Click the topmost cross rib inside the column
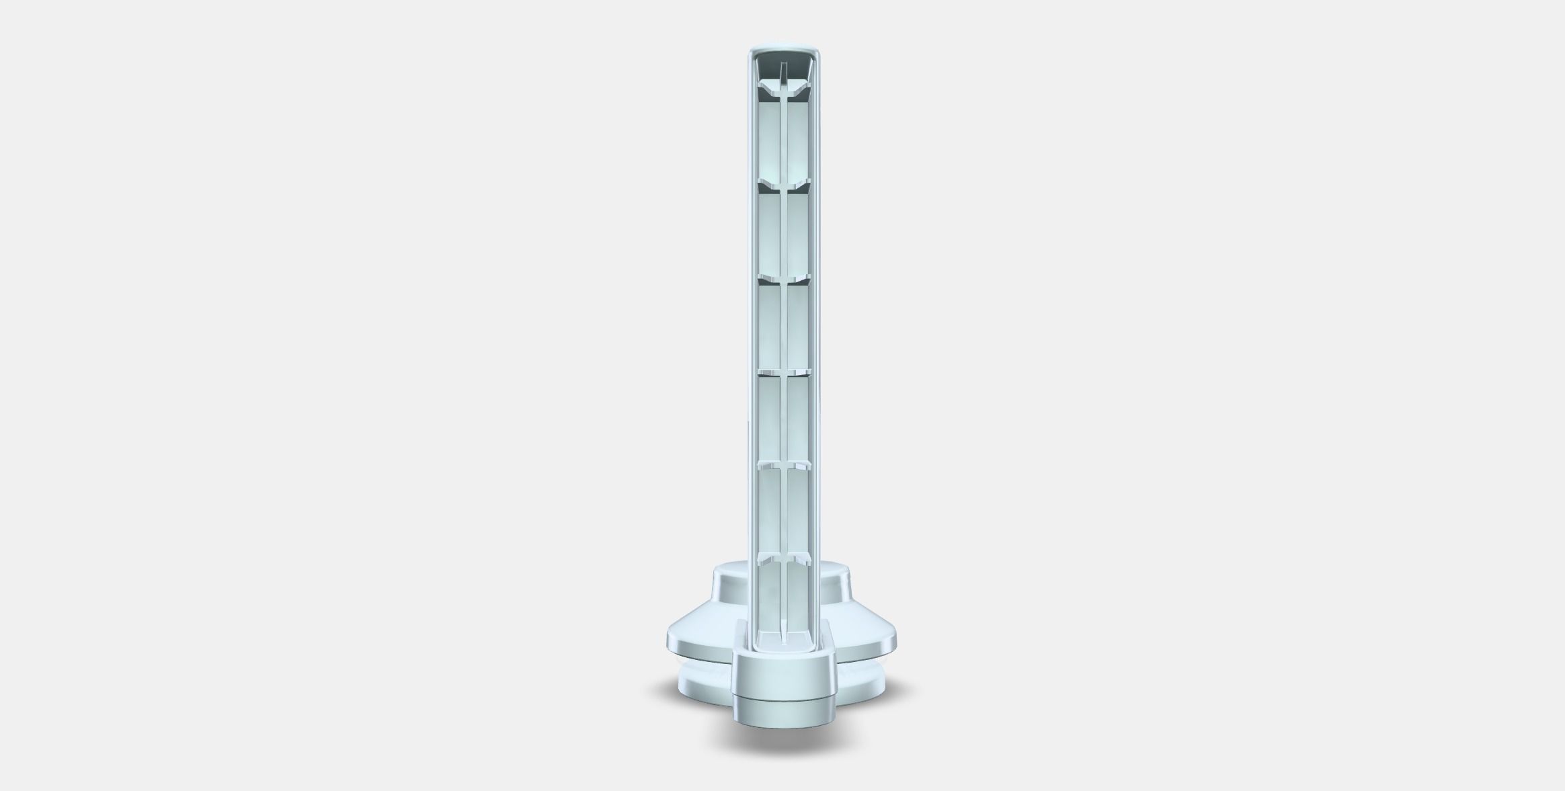click(x=785, y=89)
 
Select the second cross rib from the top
click(x=785, y=185)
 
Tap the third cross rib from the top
click(x=785, y=278)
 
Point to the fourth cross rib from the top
click(x=785, y=372)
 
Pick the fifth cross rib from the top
click(x=785, y=464)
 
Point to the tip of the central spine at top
click(x=783, y=67)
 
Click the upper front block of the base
click(x=784, y=675)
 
